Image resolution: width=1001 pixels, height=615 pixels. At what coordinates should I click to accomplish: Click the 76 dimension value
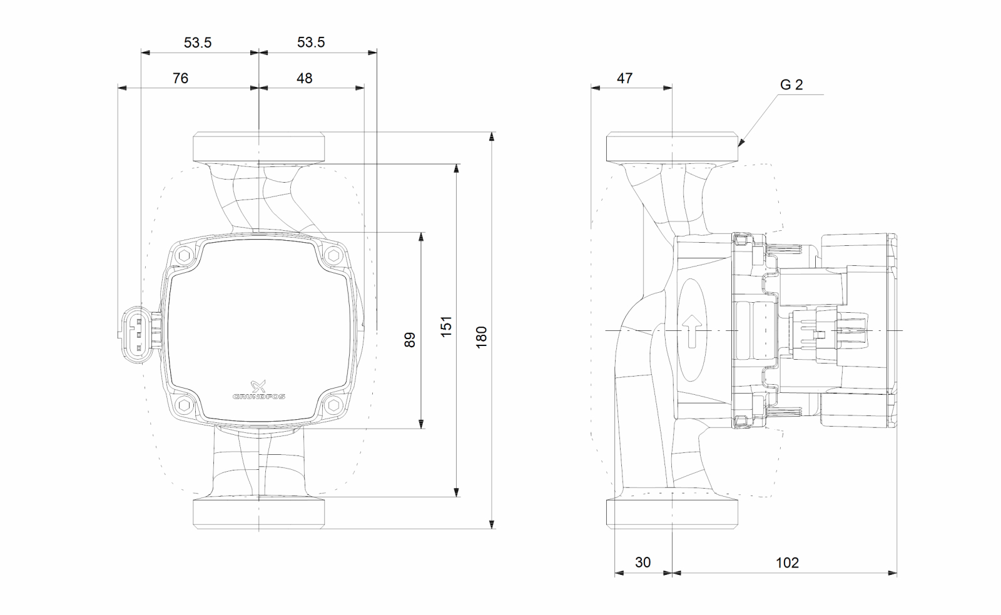pos(180,78)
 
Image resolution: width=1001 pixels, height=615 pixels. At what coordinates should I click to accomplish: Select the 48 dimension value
pos(305,78)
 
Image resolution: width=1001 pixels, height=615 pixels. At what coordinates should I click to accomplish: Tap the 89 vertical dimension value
pos(410,340)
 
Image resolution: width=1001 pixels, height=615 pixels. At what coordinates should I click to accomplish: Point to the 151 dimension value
pos(446,327)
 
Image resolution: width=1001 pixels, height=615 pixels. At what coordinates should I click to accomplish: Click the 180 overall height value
pos(481,337)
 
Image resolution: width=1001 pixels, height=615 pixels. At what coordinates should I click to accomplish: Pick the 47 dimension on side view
pos(624,78)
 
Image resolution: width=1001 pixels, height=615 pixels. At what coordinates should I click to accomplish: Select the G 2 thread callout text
pos(791,85)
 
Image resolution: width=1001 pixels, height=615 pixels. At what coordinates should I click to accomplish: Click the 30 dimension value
pos(643,562)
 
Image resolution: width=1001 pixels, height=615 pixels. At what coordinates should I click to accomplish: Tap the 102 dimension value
pos(787,562)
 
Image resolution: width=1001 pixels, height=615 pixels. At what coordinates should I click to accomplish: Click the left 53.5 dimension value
pos(198,43)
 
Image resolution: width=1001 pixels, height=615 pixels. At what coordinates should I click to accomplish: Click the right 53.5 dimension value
pos(311,43)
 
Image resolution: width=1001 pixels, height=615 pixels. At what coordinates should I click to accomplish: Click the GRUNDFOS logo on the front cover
pos(258,391)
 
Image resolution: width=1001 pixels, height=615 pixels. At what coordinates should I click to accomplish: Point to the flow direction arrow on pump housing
pos(692,331)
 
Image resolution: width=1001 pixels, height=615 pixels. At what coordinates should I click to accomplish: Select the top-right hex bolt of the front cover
pos(333,255)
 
